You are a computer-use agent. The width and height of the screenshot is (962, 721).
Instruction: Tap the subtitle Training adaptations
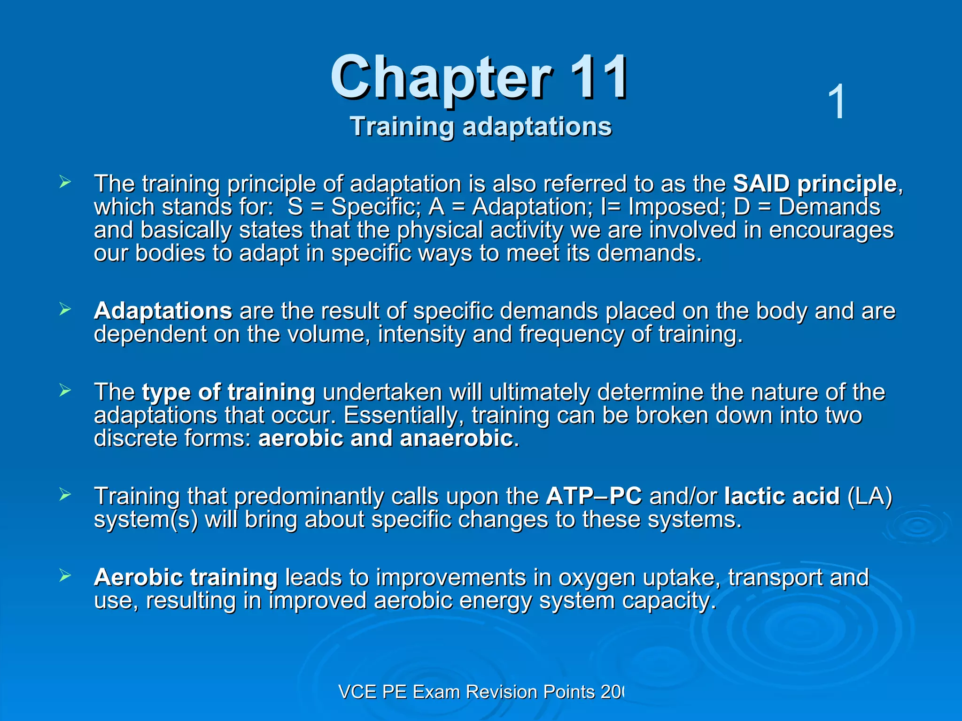coord(481,127)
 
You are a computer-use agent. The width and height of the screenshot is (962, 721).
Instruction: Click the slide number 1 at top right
coord(837,102)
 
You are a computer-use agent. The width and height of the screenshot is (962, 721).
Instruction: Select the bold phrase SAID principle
coord(815,184)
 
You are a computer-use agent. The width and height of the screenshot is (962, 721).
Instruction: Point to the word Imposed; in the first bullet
coord(677,207)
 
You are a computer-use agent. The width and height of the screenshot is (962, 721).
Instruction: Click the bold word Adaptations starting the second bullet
coord(163,311)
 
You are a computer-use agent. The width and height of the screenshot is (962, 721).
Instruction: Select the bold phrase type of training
coord(228,392)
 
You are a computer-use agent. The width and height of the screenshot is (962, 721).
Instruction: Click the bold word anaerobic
coord(456,438)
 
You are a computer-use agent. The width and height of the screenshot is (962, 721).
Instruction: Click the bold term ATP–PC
coord(594,496)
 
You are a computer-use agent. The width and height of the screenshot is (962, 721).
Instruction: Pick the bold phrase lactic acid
coord(782,496)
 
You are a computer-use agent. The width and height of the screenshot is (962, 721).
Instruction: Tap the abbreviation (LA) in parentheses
coord(869,496)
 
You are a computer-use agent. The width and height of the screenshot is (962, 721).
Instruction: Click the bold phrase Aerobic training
coord(186,577)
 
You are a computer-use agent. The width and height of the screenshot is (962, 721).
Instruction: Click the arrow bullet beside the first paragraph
coord(65,182)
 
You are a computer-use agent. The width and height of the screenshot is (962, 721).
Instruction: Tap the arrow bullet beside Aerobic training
coord(65,575)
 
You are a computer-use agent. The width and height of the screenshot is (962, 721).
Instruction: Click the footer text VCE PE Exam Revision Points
coord(466,692)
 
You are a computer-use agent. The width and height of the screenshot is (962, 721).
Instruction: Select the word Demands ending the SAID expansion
coord(829,207)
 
